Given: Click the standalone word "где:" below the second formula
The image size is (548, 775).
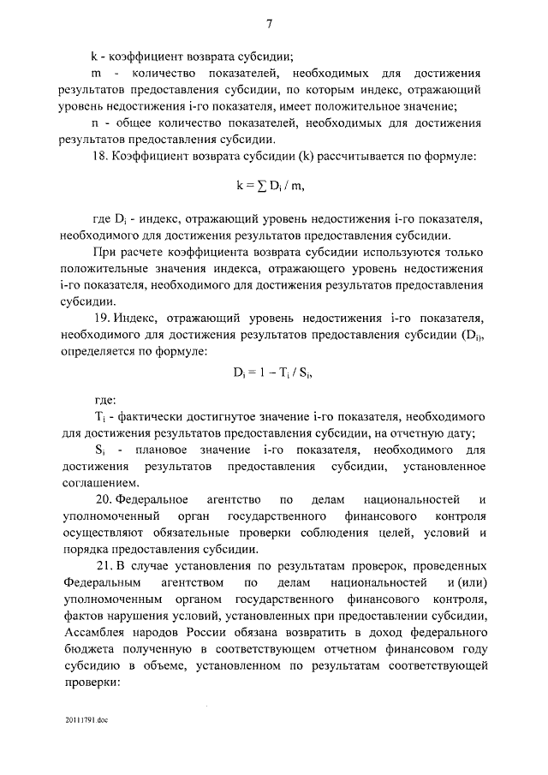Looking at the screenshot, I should point(106,398).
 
